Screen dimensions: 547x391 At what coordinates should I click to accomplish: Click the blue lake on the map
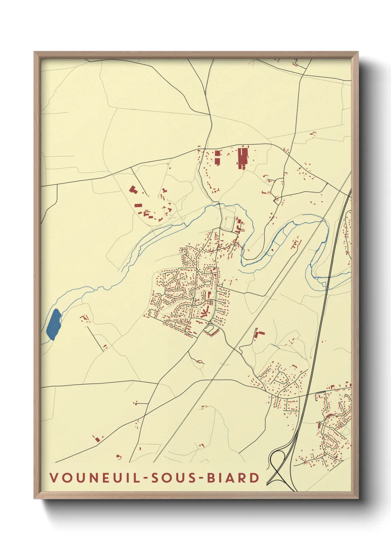(54, 324)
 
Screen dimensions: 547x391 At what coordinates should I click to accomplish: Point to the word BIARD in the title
(233, 478)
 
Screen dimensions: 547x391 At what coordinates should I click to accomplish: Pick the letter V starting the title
(54, 478)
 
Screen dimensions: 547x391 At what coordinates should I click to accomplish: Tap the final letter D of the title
(255, 478)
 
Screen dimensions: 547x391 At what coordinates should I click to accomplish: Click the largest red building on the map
(242, 158)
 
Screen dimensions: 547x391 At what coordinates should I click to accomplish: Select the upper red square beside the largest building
(217, 153)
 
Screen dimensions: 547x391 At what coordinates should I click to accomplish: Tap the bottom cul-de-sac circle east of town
(221, 322)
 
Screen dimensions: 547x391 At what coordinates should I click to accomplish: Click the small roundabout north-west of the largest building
(204, 149)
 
